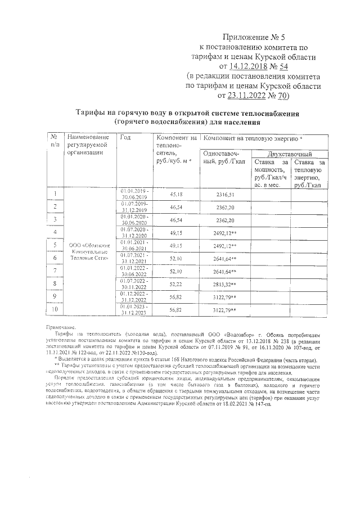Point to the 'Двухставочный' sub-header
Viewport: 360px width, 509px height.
pos(290,154)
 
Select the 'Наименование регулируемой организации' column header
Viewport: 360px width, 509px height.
pos(87,145)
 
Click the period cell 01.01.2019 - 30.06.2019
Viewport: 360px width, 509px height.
pos(134,194)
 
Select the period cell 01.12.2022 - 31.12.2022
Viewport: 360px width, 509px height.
pos(134,297)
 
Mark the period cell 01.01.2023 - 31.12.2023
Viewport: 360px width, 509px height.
pos(134,310)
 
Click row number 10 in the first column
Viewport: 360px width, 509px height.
pos(55,310)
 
